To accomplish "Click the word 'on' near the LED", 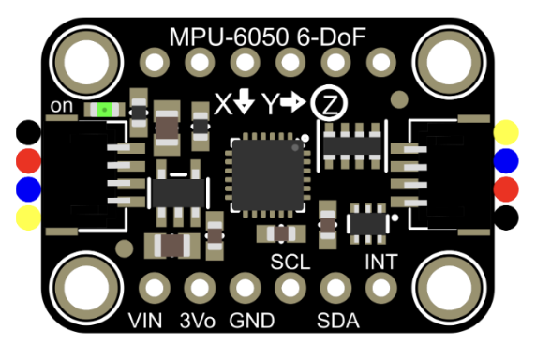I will [x=64, y=107].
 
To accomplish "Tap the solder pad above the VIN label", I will [x=151, y=286].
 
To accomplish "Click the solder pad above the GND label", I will [x=244, y=286].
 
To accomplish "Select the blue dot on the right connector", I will [x=507, y=160].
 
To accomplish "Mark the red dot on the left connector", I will [x=29, y=160].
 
